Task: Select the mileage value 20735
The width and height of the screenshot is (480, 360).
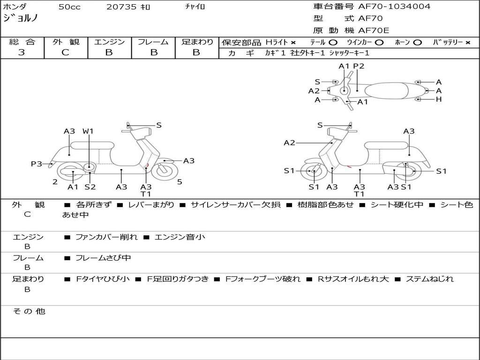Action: pos(121,7)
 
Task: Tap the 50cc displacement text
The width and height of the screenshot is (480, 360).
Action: pos(69,7)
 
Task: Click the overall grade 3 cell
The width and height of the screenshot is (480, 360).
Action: pos(22,52)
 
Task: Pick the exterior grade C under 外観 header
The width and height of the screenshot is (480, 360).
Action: pos(66,52)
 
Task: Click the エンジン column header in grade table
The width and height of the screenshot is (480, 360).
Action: pos(109,42)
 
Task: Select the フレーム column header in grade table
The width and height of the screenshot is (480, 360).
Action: pos(153,42)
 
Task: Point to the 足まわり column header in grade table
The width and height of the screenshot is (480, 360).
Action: pos(197,42)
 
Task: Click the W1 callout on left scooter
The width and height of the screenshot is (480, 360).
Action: pos(88,132)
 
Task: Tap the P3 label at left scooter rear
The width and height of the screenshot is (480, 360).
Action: pos(36,164)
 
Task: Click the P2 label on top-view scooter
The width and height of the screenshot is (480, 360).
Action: pos(359,66)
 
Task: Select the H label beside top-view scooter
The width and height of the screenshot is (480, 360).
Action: pos(439,99)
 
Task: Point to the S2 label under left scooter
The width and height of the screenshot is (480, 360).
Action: pos(90,187)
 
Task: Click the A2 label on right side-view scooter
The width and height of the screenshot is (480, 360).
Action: pos(290,143)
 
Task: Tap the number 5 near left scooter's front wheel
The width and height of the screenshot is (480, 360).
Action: pos(180,182)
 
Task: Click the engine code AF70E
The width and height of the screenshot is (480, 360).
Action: pos(374,31)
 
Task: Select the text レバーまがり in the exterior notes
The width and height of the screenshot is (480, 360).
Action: pos(151,205)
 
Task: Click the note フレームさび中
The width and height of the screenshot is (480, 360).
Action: pos(103,258)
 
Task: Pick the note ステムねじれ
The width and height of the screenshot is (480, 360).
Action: pos(429,279)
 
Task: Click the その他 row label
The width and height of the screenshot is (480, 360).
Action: pos(29,311)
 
